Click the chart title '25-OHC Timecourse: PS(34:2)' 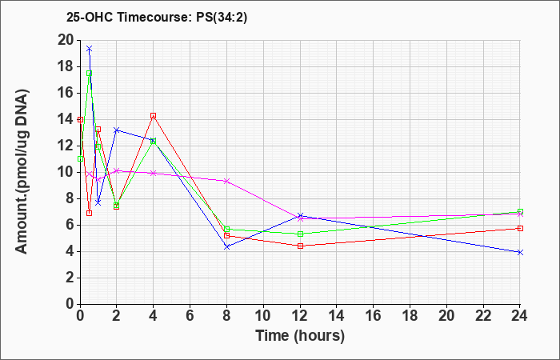pyautogui.click(x=157, y=18)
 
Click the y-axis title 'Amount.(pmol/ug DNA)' pyautogui.click(x=22, y=172)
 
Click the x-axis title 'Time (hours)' pyautogui.click(x=300, y=336)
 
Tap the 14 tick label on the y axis pyautogui.click(x=65, y=120)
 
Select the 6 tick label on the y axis pyautogui.click(x=69, y=226)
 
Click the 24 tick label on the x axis pyautogui.click(x=519, y=316)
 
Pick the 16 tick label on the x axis pyautogui.click(x=373, y=316)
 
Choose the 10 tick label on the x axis pyautogui.click(x=263, y=316)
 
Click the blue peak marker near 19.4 pyautogui.click(x=90, y=48)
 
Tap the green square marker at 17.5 pyautogui.click(x=90, y=74)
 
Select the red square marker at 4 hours pyautogui.click(x=154, y=116)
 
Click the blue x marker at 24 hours pyautogui.click(x=520, y=252)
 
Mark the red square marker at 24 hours pyautogui.click(x=520, y=228)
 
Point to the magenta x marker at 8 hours pyautogui.click(x=226, y=181)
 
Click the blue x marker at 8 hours pyautogui.click(x=226, y=246)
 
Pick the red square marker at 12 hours pyautogui.click(x=300, y=246)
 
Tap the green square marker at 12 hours pyautogui.click(x=300, y=234)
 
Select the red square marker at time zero pyautogui.click(x=81, y=120)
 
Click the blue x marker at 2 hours pyautogui.click(x=117, y=130)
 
